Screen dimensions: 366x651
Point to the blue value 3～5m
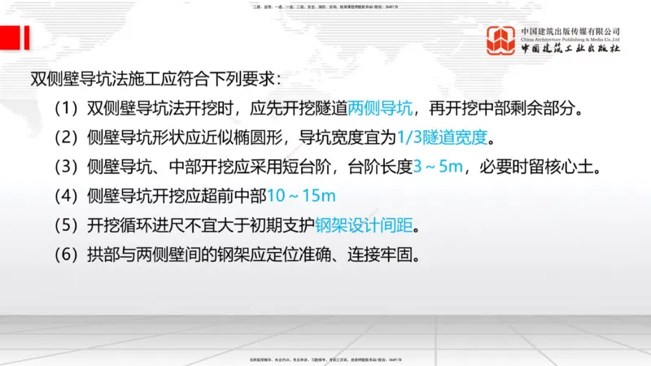pos(440,167)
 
